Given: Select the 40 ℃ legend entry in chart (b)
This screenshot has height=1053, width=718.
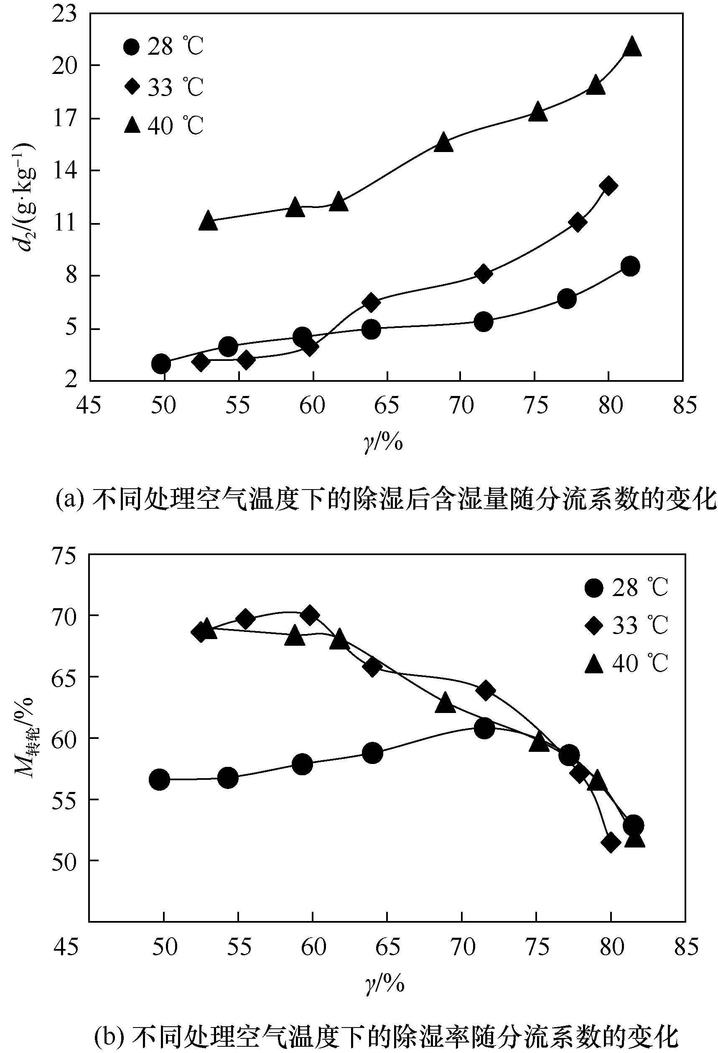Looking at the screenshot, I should (626, 664).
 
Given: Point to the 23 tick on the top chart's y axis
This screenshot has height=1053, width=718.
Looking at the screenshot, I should (64, 14).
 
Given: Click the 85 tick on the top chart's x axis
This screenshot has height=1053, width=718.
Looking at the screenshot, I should (684, 405).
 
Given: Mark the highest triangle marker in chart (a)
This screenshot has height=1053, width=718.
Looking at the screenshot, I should (632, 47).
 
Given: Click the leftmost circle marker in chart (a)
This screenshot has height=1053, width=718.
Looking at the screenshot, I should (161, 363).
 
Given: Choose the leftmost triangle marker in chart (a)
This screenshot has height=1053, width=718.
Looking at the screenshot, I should (208, 221).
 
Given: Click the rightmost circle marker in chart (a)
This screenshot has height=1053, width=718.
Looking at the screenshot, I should (630, 266).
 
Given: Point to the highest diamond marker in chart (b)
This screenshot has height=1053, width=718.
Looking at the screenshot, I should (310, 615).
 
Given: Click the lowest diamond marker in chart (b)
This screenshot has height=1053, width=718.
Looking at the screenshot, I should (610, 842).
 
